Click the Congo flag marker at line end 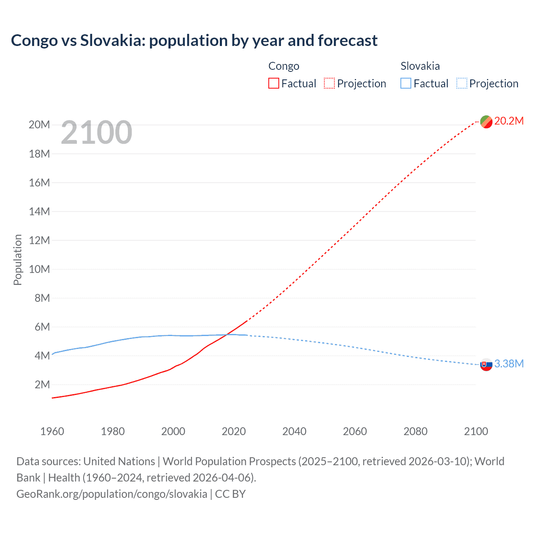pyautogui.click(x=486, y=122)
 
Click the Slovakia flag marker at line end pyautogui.click(x=486, y=364)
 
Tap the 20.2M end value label pyautogui.click(x=509, y=121)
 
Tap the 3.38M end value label pyautogui.click(x=509, y=364)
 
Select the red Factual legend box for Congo pyautogui.click(x=273, y=84)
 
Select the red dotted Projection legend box pyautogui.click(x=329, y=84)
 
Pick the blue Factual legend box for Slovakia pyautogui.click(x=405, y=84)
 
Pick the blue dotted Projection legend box pyautogui.click(x=461, y=84)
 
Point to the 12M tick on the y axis pyautogui.click(x=39, y=240)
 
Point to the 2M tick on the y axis pyautogui.click(x=42, y=385)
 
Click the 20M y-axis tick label pyautogui.click(x=39, y=125)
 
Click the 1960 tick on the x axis pyautogui.click(x=52, y=431)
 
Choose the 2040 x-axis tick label pyautogui.click(x=294, y=431)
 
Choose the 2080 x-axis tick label pyautogui.click(x=415, y=431)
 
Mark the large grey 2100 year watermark pyautogui.click(x=97, y=132)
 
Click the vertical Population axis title pyautogui.click(x=18, y=260)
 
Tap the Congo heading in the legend pyautogui.click(x=284, y=66)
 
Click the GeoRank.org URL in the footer pyautogui.click(x=112, y=494)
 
